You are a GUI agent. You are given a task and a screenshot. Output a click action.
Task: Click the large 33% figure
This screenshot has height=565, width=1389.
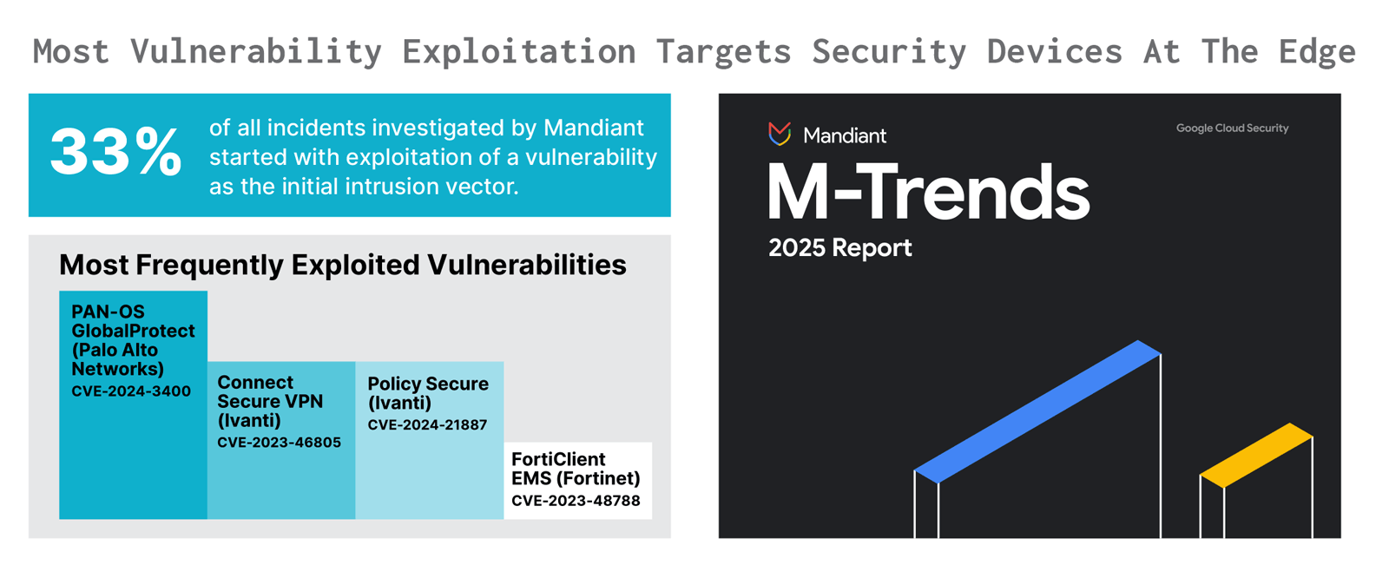[x=116, y=152]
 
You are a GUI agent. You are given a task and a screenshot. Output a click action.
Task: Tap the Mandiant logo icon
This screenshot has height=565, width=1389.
[x=780, y=134]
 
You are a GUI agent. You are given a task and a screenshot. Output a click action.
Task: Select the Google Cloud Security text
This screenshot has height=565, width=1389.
[x=1232, y=128]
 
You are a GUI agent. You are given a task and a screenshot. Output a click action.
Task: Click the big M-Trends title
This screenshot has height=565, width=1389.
[x=928, y=193]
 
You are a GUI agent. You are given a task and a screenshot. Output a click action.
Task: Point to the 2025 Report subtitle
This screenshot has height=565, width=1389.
[x=840, y=248]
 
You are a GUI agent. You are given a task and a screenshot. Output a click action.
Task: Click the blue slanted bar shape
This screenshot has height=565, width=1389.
[x=1037, y=411]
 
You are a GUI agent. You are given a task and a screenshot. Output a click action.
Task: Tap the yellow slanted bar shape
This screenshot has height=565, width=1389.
[x=1256, y=456]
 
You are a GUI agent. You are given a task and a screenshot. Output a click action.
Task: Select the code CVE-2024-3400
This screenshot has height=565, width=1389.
[x=131, y=391]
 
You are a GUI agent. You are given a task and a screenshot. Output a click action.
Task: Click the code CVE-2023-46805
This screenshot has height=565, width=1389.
[x=279, y=443]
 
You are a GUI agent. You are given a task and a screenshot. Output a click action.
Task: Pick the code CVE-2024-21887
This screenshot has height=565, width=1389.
[x=427, y=425]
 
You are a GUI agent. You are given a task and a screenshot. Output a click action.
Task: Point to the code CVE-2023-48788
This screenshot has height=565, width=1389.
[x=576, y=501]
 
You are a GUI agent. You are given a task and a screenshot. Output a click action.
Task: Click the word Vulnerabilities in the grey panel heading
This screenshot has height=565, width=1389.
[x=527, y=265]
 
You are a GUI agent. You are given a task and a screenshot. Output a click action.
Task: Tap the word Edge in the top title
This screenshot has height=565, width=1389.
[x=1317, y=52]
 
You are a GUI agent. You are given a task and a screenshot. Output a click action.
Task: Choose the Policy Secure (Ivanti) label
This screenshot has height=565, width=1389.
[x=428, y=393]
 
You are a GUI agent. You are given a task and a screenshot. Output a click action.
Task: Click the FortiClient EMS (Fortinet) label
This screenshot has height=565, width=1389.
[x=576, y=469]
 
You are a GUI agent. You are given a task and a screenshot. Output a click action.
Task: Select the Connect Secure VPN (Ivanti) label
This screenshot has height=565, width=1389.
[x=270, y=401]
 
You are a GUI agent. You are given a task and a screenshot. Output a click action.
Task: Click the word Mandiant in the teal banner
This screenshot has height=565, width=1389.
[x=594, y=128]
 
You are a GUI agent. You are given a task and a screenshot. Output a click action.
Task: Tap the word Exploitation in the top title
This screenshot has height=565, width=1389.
[x=519, y=52]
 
